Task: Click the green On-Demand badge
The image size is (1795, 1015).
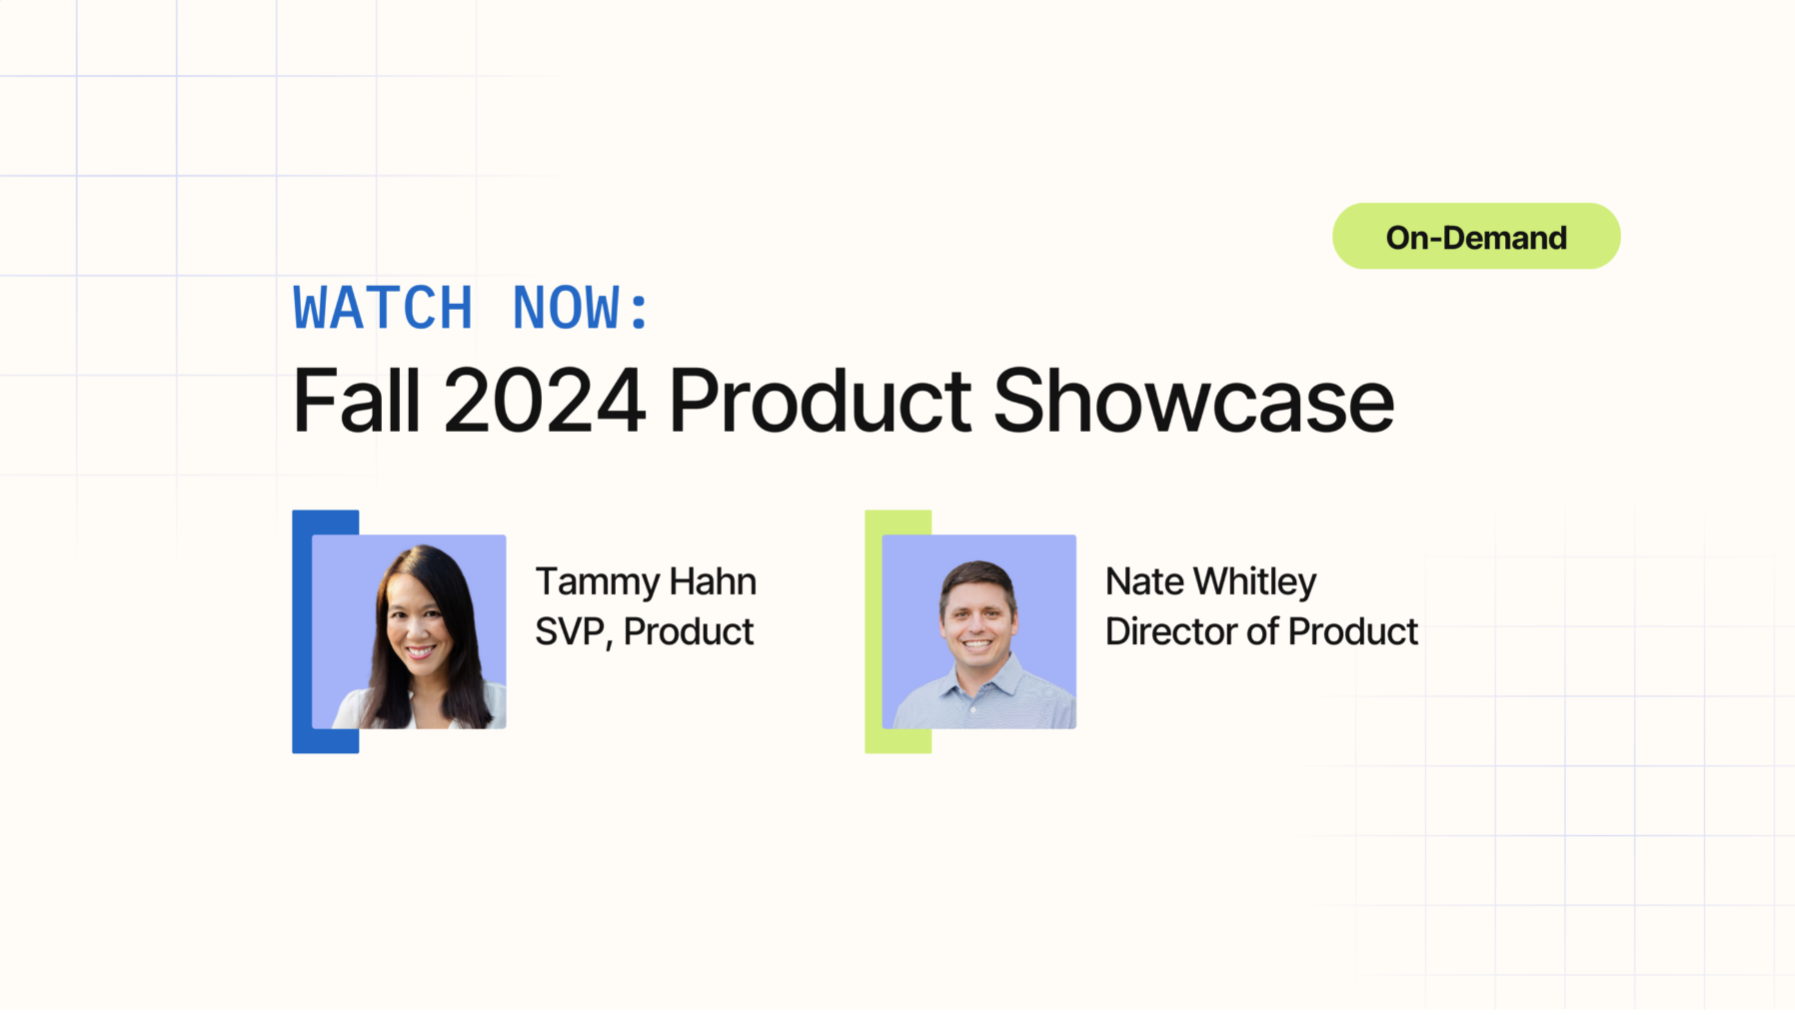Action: [1475, 237]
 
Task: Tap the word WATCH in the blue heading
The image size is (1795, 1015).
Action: [383, 308]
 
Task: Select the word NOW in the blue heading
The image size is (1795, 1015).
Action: [566, 308]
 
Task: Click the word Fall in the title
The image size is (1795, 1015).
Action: [355, 401]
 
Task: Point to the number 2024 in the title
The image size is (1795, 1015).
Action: [544, 401]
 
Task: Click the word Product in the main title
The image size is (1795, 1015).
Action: [819, 401]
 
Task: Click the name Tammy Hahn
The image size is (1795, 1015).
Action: [645, 581]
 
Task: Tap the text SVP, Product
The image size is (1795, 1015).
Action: [644, 631]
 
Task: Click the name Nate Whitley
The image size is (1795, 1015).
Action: [1210, 581]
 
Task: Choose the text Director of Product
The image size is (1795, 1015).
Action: [1261, 631]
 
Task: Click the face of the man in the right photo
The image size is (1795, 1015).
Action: [976, 619]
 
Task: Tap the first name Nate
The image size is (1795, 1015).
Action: [1144, 581]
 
